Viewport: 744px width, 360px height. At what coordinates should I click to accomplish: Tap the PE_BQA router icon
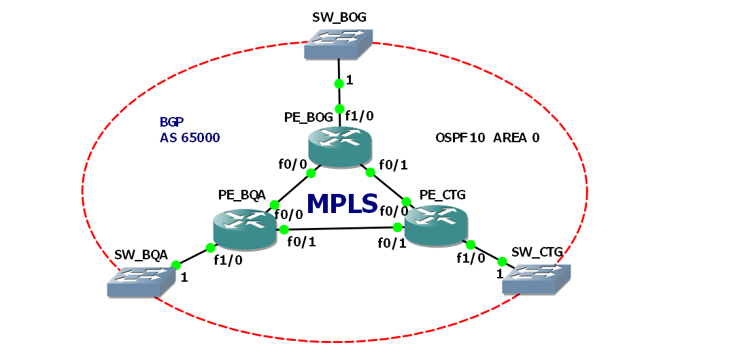[x=245, y=229]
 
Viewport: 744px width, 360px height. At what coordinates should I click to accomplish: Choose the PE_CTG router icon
[x=436, y=225]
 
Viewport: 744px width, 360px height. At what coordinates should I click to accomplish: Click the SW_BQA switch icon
[x=140, y=281]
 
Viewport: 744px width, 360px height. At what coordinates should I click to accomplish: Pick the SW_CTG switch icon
[x=536, y=278]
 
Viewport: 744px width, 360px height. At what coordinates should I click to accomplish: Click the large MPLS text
[x=342, y=203]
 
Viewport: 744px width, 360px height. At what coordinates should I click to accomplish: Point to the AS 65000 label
[x=190, y=137]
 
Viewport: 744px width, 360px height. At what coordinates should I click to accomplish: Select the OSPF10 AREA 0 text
[x=487, y=137]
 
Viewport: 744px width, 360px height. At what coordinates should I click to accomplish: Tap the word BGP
[x=171, y=122]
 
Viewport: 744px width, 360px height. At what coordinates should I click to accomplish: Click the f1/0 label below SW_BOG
[x=358, y=115]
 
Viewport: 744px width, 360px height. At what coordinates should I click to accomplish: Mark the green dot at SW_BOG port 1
[x=339, y=84]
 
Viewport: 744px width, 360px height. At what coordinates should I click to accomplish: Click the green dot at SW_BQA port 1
[x=175, y=265]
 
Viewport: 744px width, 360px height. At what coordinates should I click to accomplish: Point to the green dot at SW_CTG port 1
[x=502, y=261]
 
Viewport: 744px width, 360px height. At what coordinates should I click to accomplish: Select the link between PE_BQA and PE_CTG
[x=340, y=228]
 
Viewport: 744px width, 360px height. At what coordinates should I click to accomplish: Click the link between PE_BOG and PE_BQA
[x=292, y=189]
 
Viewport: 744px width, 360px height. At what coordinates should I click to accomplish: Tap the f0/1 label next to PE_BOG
[x=393, y=165]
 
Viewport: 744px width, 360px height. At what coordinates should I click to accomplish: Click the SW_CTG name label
[x=537, y=252]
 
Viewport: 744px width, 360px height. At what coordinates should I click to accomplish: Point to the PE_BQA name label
[x=241, y=195]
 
